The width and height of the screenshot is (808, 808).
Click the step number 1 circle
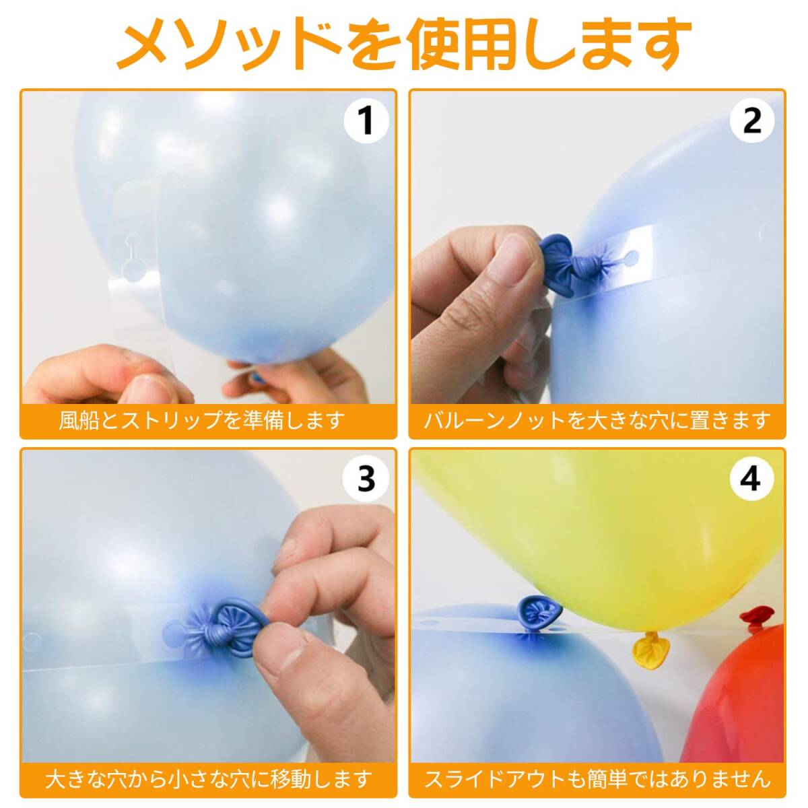point(366,121)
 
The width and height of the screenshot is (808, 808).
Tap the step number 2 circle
point(752,121)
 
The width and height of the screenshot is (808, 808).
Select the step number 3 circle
point(366,479)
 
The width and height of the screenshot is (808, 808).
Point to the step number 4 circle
point(752,479)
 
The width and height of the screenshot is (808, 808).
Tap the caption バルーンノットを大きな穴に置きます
point(597,421)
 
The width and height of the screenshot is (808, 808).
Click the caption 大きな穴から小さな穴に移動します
point(208,780)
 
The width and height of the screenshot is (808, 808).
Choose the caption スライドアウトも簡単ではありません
point(597,780)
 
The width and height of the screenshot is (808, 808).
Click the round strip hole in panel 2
point(631,256)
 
